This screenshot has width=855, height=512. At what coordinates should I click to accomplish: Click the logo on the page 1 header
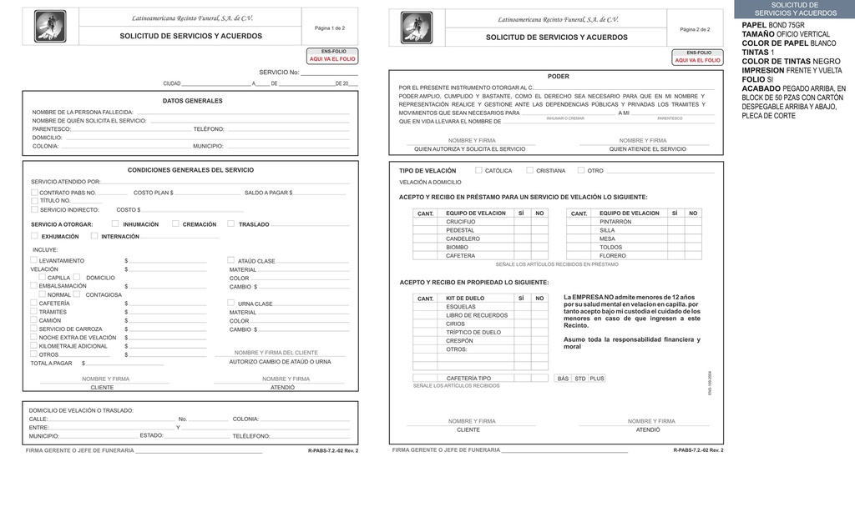tap(49, 27)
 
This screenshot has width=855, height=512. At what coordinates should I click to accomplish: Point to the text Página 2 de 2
tap(695, 29)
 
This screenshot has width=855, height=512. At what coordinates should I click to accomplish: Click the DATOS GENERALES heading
tap(192, 101)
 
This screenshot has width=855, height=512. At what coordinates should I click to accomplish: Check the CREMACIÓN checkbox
tap(175, 223)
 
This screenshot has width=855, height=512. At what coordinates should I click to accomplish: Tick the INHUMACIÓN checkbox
tap(115, 223)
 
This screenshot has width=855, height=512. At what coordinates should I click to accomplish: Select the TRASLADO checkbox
tap(231, 223)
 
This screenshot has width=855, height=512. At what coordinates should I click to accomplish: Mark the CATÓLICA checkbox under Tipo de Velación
tap(478, 170)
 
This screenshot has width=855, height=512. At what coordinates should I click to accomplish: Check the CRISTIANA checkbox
tap(529, 170)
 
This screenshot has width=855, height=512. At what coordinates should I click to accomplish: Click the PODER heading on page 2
tap(558, 77)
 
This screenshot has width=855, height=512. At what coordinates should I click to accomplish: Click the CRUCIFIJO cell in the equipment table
tap(461, 222)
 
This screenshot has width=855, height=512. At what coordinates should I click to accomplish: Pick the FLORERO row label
tap(612, 256)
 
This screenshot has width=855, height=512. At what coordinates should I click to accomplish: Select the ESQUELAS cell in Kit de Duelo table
tap(461, 307)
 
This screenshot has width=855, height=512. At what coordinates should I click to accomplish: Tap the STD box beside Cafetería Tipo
tap(579, 379)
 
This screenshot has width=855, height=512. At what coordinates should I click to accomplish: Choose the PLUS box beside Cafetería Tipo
tap(597, 379)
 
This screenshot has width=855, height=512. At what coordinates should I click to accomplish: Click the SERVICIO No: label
tap(278, 73)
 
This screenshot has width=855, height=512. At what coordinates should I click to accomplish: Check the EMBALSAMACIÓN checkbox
tap(34, 285)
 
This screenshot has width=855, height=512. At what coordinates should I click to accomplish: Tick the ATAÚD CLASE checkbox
tap(231, 260)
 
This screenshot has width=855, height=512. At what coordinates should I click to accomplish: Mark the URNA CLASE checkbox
tap(231, 303)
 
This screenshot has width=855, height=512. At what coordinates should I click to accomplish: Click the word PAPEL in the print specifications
tap(754, 25)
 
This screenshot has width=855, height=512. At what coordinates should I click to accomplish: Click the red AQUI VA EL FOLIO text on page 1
tap(332, 59)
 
